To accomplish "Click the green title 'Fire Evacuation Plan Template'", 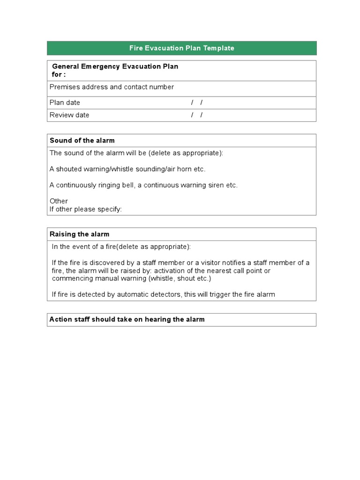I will (x=181, y=48).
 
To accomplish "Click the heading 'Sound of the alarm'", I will (x=82, y=141).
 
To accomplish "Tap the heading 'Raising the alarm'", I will (x=79, y=234).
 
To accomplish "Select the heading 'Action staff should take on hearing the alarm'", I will (x=127, y=320).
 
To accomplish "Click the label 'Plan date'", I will (x=65, y=103).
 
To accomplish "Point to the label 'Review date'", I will (x=69, y=115).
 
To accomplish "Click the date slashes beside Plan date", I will (x=197, y=103).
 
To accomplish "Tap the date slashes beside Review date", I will (x=197, y=115).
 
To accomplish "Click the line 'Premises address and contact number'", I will (x=112, y=87).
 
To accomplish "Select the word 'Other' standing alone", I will (x=59, y=201).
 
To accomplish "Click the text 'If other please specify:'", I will (x=86, y=209).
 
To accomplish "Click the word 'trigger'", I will (x=219, y=294).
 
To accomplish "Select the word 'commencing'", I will (x=69, y=278).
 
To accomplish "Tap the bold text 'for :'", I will (x=59, y=75).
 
